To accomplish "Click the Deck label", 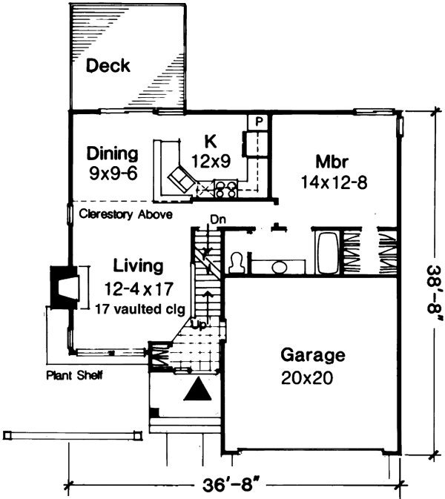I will click(108, 67).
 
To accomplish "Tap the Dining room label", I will click(113, 154).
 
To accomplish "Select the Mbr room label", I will click(332, 161).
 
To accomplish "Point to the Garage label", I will click(314, 354).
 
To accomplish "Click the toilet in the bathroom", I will click(237, 262).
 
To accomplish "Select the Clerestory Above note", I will click(125, 215).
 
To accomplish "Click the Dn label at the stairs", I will click(217, 219).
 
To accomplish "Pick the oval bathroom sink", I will click(280, 267).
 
